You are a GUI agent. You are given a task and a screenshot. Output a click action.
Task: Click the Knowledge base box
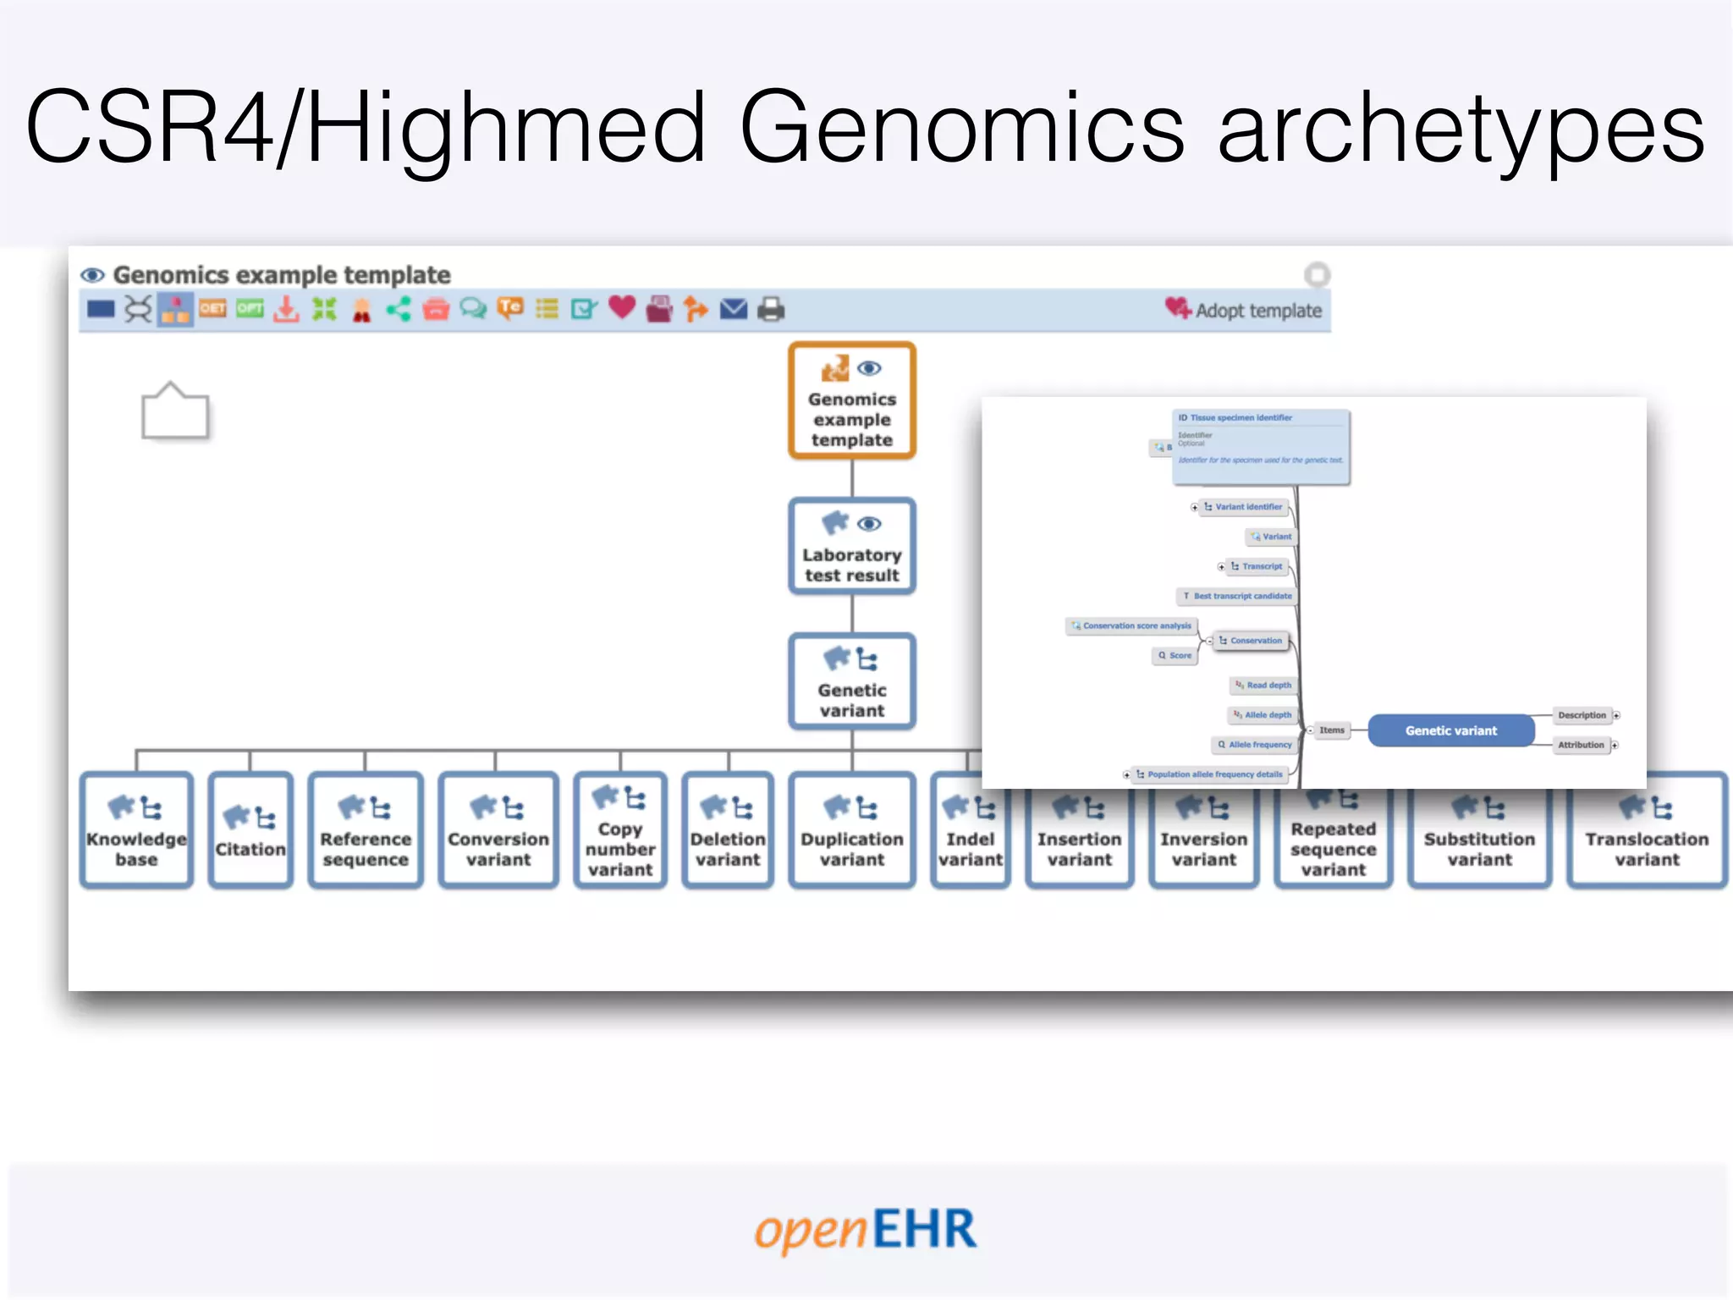[x=136, y=830]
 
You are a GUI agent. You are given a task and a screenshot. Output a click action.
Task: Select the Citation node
[x=250, y=830]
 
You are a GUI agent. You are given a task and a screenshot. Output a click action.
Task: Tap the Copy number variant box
[x=620, y=830]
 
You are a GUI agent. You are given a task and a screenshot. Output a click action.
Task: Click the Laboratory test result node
[x=852, y=547]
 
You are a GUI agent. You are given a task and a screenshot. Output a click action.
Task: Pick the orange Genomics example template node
[x=852, y=401]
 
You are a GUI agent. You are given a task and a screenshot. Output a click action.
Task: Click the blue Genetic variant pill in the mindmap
[x=1450, y=730]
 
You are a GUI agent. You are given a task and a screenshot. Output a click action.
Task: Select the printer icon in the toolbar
[x=771, y=309]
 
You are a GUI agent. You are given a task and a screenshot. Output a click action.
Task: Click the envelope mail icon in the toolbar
[x=734, y=309]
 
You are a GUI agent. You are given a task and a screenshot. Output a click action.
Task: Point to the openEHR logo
[x=866, y=1230]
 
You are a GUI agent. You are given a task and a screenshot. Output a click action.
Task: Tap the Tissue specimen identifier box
[x=1260, y=446]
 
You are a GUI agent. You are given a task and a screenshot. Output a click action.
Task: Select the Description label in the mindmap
[x=1581, y=715]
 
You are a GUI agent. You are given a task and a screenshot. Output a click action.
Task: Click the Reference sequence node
[x=366, y=830]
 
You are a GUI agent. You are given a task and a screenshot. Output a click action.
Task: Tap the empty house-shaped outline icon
[x=174, y=411]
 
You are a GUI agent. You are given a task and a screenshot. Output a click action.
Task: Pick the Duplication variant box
[x=852, y=830]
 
